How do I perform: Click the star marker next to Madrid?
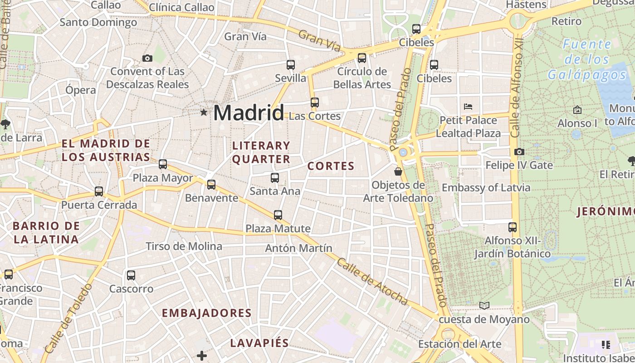point(204,112)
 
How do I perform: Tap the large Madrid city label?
point(249,113)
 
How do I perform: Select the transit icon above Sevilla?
point(291,65)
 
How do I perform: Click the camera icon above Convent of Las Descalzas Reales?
point(147,58)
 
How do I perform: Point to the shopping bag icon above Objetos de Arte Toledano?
point(398,172)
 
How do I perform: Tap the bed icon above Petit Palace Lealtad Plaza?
point(468,107)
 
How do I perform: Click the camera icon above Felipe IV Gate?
point(519,152)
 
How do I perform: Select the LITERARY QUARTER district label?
point(261,152)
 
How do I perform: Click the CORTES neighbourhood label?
point(331,166)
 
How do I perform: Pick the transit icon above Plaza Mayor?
point(163,164)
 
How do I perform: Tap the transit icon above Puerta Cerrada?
point(99,191)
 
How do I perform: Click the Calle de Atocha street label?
point(372,282)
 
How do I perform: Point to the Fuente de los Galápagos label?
point(587,59)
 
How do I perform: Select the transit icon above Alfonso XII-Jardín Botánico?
point(513,227)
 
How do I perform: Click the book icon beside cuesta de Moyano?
point(484,305)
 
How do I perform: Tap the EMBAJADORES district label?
point(206,313)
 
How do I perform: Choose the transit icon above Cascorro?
point(131,275)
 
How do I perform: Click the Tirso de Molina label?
point(184,246)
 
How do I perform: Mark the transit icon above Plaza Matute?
point(278,215)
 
